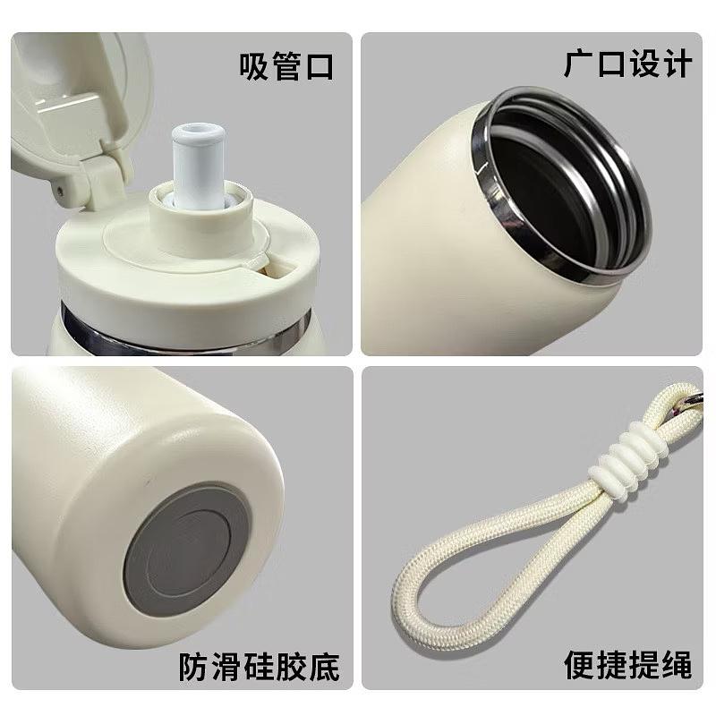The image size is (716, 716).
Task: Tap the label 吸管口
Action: pyautogui.click(x=286, y=66)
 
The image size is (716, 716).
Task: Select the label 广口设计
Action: pyautogui.click(x=628, y=64)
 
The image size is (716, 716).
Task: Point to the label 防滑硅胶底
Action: pyautogui.click(x=259, y=667)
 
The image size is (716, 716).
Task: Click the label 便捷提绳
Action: pyautogui.click(x=628, y=664)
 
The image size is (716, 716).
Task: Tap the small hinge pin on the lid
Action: pyautogui.click(x=60, y=191)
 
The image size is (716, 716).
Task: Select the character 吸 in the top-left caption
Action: pyautogui.click(x=255, y=66)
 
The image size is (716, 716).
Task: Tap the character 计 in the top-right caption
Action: pyautogui.click(x=678, y=64)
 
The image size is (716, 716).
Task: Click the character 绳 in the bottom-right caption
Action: pyautogui.click(x=677, y=664)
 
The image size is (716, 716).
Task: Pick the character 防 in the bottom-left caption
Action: pyautogui.click(x=193, y=667)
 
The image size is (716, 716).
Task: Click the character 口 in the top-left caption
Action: pyautogui.click(x=319, y=66)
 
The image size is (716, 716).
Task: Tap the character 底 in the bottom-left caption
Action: pyautogui.click(x=324, y=667)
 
